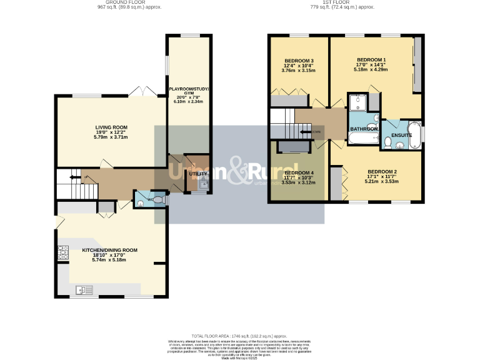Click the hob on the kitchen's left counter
[63, 252]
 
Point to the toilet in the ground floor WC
[159, 200]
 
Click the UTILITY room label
[199, 174]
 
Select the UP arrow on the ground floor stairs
[73, 177]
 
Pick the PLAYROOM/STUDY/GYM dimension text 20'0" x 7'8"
[190, 97]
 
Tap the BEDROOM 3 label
[299, 61]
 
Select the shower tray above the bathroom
[359, 102]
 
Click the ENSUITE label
[401, 134]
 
